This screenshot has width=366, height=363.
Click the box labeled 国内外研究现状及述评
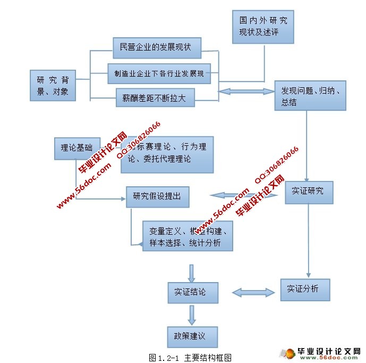point(263,27)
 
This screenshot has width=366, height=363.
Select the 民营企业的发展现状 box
point(156,48)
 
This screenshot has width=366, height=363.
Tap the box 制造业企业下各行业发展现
point(158,73)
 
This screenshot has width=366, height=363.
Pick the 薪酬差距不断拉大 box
point(155,98)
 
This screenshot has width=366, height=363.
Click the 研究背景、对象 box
point(52,86)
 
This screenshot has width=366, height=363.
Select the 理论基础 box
point(77,148)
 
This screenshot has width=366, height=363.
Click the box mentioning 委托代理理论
point(167,154)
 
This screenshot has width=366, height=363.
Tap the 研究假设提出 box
point(157,196)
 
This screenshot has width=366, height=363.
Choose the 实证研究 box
point(309,192)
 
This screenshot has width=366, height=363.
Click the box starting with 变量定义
point(189,237)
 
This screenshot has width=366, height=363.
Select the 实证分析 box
point(305,289)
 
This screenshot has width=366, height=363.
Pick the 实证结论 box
point(192,292)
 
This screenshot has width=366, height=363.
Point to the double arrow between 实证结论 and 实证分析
point(253,292)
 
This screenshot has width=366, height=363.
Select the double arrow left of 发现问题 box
point(246,92)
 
